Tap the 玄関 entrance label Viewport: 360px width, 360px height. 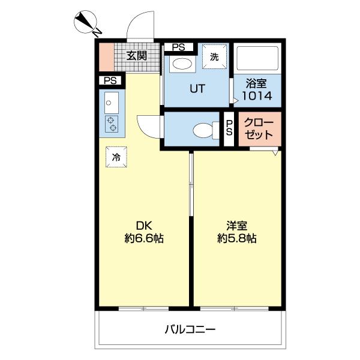(x=136, y=56)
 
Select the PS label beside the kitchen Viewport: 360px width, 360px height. (x=110, y=80)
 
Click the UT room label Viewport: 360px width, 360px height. (x=197, y=89)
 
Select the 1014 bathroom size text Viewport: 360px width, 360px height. (x=257, y=95)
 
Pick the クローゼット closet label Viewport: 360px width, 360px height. (x=259, y=128)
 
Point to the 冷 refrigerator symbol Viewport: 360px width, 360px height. (x=116, y=157)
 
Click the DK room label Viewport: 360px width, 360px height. (x=143, y=226)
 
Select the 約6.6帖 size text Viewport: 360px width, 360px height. (x=144, y=238)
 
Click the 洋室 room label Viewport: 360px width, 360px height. (x=236, y=226)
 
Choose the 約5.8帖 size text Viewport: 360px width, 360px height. (x=236, y=238)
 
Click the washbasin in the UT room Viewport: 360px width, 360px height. (x=181, y=64)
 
